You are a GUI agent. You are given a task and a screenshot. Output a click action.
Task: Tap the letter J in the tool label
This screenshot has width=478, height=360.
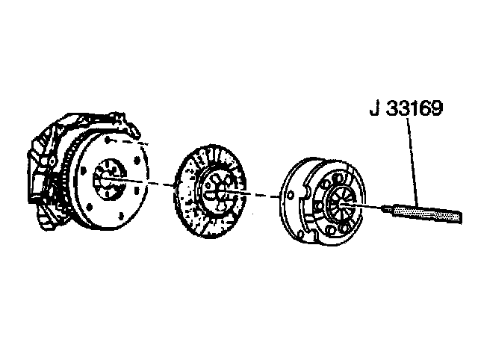(x=375, y=108)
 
